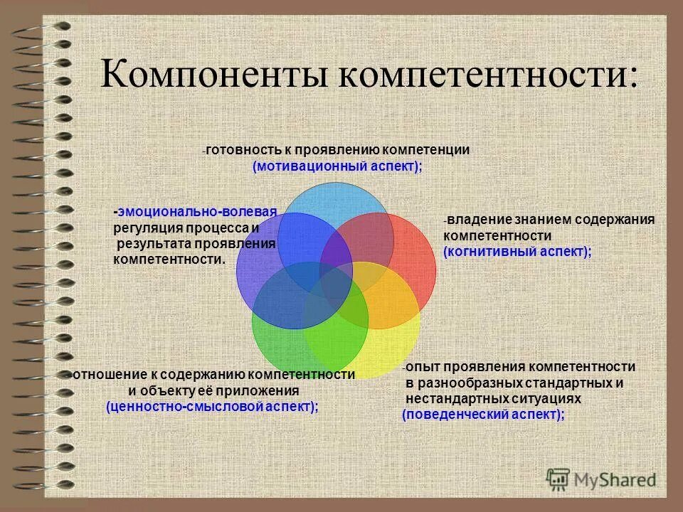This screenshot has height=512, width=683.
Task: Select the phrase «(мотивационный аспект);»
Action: coord(337,166)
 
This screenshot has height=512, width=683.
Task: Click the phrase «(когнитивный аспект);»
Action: coord(517,252)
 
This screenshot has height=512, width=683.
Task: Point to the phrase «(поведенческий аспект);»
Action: coord(483,415)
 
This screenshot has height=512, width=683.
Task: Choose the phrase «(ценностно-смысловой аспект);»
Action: coord(212,406)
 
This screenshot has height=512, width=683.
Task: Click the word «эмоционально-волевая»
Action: coord(197,211)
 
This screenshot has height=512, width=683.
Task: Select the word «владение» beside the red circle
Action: coord(476,219)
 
